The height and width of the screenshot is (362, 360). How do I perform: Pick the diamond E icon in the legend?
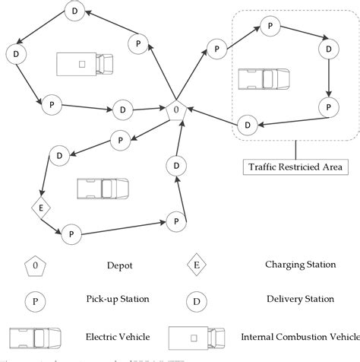click(196, 266)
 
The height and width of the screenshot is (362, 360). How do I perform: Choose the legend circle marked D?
click(196, 300)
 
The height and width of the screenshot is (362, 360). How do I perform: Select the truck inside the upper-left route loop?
click(84, 63)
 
